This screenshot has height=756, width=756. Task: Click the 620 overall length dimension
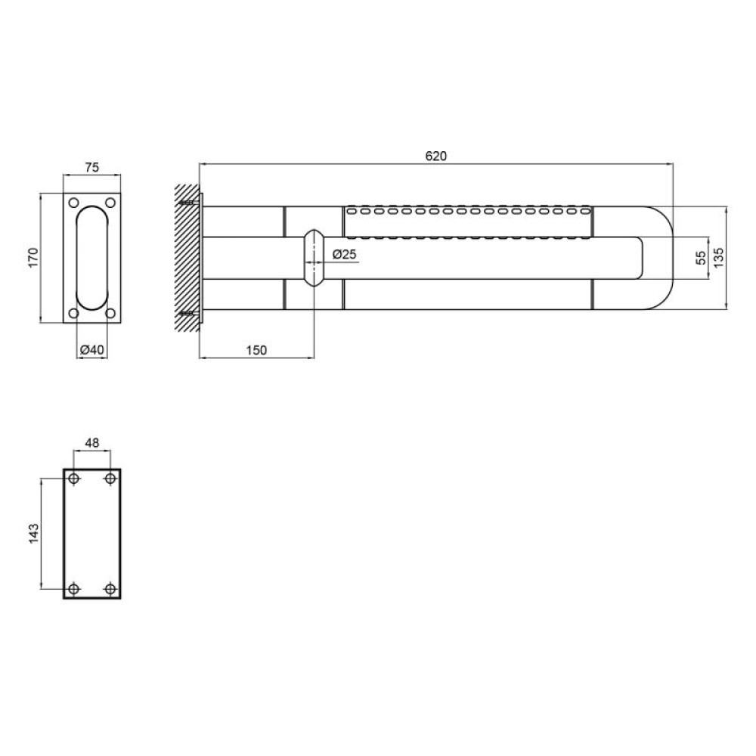[x=436, y=156]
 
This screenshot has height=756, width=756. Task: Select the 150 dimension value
[x=256, y=350]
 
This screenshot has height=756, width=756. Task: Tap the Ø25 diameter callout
[x=344, y=254]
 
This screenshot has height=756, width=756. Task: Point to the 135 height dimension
[x=718, y=258]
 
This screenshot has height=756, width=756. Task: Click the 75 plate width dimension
[x=91, y=167]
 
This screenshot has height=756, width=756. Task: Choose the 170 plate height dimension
[x=33, y=258]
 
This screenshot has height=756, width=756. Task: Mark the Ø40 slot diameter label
[x=91, y=349]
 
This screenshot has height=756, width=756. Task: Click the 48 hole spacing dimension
[x=91, y=442]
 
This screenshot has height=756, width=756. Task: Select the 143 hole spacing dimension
[x=33, y=534]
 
